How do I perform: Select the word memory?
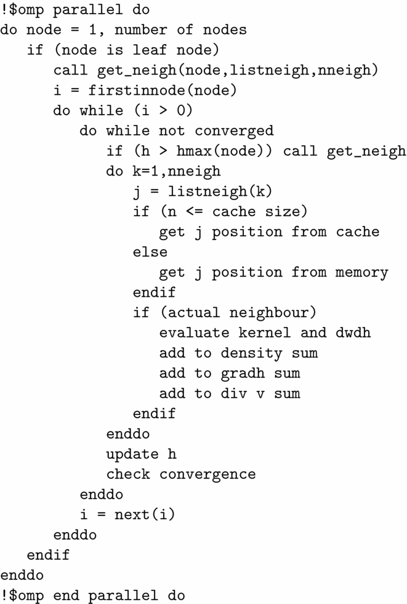pyautogui.click(x=362, y=272)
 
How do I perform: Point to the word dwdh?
pyautogui.click(x=353, y=332)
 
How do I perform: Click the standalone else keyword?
pyautogui.click(x=150, y=252)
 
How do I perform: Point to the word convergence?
pyautogui.click(x=208, y=474)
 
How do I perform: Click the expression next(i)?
pyautogui.click(x=145, y=514)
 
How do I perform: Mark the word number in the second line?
pyautogui.click(x=137, y=30)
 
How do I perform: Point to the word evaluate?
pyautogui.click(x=194, y=332)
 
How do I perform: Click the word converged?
pyautogui.click(x=234, y=131)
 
